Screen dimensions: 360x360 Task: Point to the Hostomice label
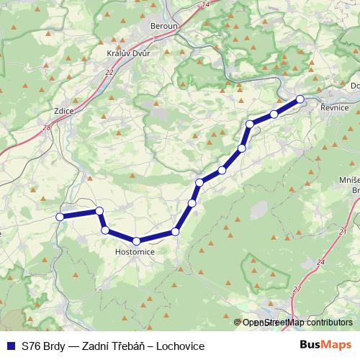[x=135, y=252]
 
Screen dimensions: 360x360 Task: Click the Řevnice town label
[x=335, y=107]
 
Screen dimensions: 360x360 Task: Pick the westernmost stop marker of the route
[x=60, y=216]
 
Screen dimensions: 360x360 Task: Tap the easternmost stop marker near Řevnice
[x=300, y=99]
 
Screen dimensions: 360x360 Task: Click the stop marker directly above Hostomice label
[x=136, y=240]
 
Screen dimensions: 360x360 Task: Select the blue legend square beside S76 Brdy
[x=11, y=346]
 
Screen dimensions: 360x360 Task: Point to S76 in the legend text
[x=30, y=346]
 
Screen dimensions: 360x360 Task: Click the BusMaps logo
[x=326, y=346]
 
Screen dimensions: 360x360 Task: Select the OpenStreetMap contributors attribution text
[x=297, y=323]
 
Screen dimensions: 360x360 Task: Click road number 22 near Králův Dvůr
[x=109, y=73]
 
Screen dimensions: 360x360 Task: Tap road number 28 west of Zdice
[x=47, y=127]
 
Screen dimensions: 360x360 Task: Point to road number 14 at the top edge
[x=207, y=4]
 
